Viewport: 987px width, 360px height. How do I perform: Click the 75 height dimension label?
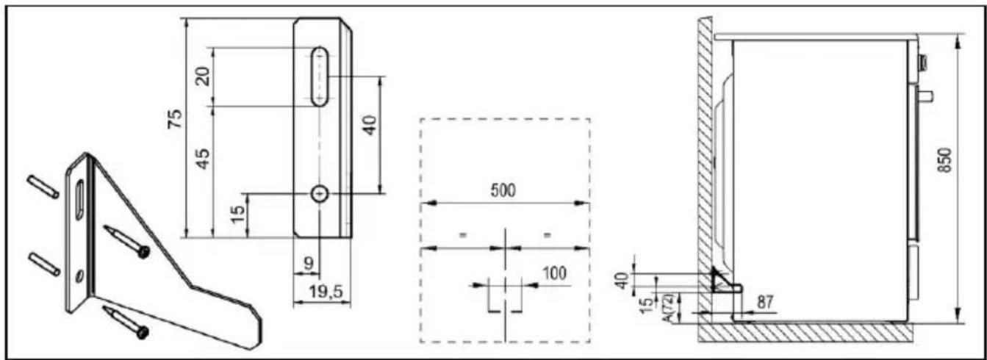175,118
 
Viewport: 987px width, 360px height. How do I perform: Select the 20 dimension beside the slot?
202,76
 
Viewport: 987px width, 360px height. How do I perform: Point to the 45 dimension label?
203,159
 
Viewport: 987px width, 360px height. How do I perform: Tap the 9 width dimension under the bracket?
309,264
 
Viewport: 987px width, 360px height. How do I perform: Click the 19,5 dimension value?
326,291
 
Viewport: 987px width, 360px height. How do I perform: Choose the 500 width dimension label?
503,190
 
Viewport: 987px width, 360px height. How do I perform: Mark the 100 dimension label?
554,273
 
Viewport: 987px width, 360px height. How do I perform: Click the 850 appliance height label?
944,160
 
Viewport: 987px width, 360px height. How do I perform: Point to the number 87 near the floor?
765,302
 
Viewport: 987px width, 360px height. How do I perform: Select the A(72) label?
667,307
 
